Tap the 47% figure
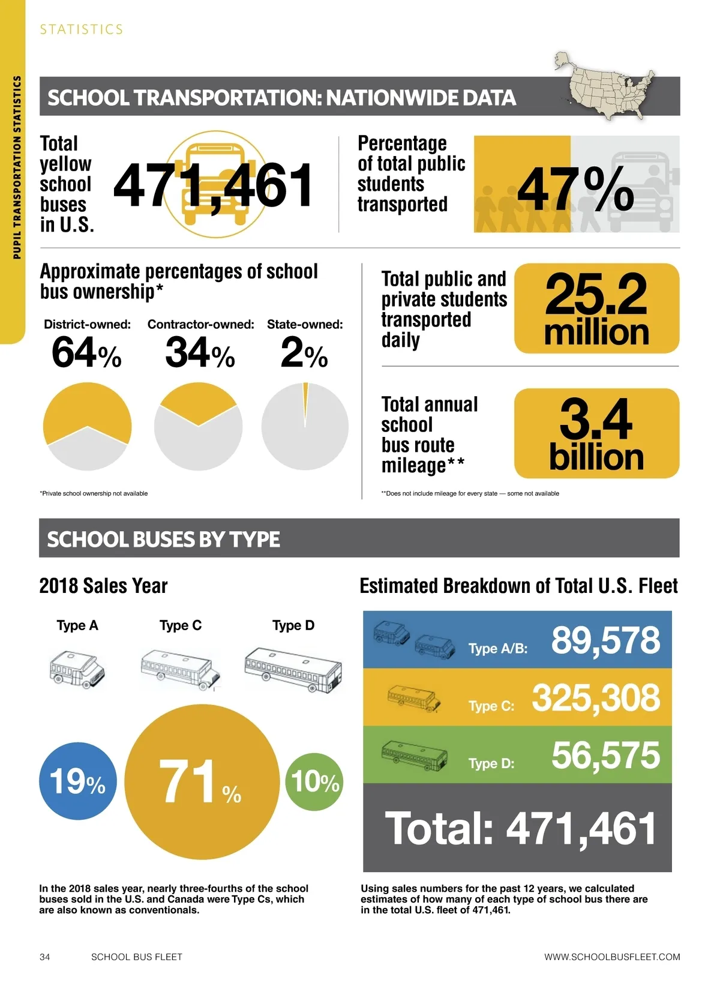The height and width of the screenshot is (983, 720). click(575, 189)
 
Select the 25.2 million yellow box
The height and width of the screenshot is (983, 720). click(596, 308)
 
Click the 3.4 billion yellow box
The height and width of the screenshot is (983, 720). click(596, 433)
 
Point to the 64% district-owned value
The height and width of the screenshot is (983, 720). click(86, 352)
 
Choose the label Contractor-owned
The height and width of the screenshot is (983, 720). click(200, 325)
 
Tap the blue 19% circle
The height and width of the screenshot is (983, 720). click(77, 781)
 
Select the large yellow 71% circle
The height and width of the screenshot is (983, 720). click(202, 781)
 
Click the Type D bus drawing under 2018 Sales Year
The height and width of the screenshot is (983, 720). click(293, 670)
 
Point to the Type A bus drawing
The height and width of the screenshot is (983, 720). click(77, 670)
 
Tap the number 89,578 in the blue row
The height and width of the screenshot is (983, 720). click(605, 640)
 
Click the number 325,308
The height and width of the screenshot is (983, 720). click(595, 698)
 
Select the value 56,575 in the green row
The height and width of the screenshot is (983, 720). click(605, 755)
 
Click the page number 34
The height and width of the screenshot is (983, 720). click(45, 957)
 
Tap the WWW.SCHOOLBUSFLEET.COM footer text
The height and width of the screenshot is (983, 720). click(612, 957)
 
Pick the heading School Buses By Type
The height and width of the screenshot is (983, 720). click(163, 539)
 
